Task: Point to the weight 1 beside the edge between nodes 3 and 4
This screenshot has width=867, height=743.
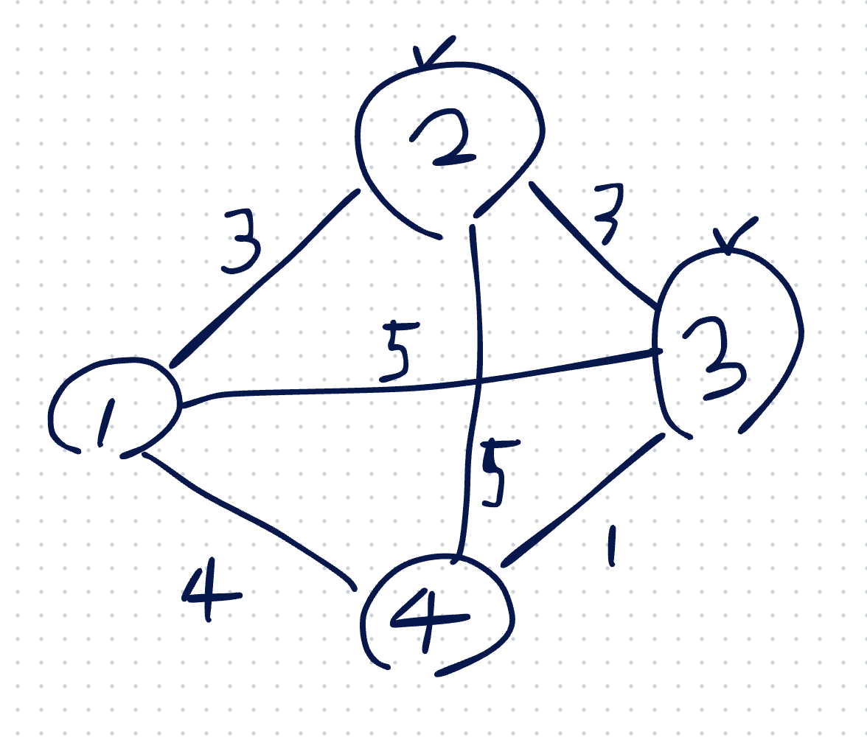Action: point(612,546)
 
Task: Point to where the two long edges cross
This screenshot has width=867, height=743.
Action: point(479,382)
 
